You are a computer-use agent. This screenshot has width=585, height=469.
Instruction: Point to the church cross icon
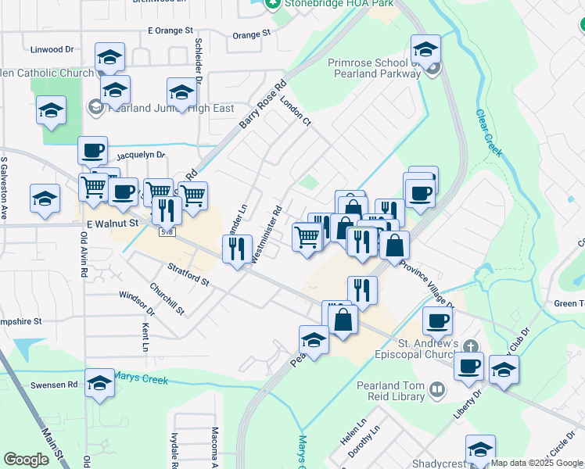[471, 345]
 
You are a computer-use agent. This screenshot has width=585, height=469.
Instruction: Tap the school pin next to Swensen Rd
[99, 385]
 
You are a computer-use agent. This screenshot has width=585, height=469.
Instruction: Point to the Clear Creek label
[488, 132]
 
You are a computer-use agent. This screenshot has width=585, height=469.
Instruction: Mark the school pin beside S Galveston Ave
[45, 199]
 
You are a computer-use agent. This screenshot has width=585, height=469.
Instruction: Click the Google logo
[26, 460]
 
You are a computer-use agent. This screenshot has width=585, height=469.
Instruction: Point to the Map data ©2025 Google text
[537, 463]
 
